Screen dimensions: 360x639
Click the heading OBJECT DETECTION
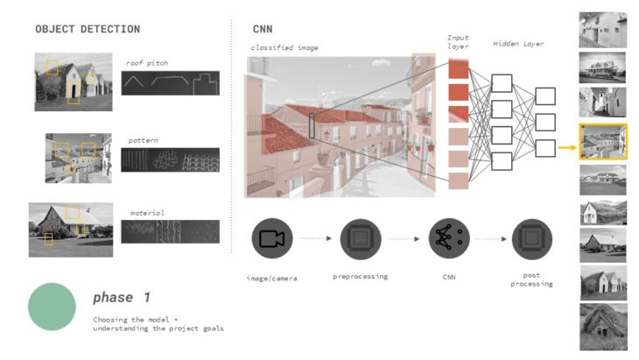[x=87, y=29]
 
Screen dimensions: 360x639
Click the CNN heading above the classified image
[x=262, y=29]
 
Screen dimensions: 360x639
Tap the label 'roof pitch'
[x=146, y=62]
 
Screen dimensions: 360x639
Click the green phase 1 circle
[x=54, y=307]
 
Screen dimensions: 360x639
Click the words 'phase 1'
[x=122, y=297]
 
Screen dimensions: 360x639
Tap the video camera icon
[x=272, y=238]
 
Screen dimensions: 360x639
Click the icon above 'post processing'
[x=532, y=238]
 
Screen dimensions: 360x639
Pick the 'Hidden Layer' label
[x=517, y=43]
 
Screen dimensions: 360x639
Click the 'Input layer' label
[x=459, y=43]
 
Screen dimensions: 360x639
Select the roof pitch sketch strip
[x=170, y=82]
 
